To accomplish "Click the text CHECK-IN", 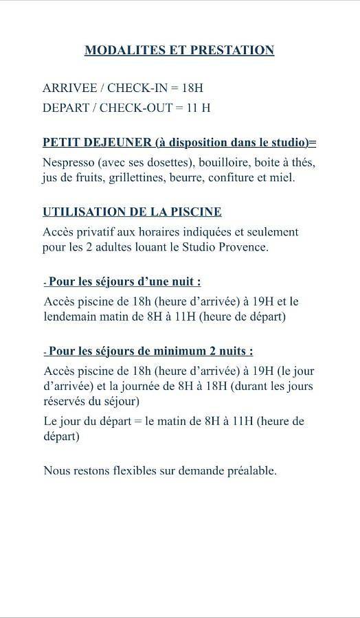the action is [137, 89].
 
